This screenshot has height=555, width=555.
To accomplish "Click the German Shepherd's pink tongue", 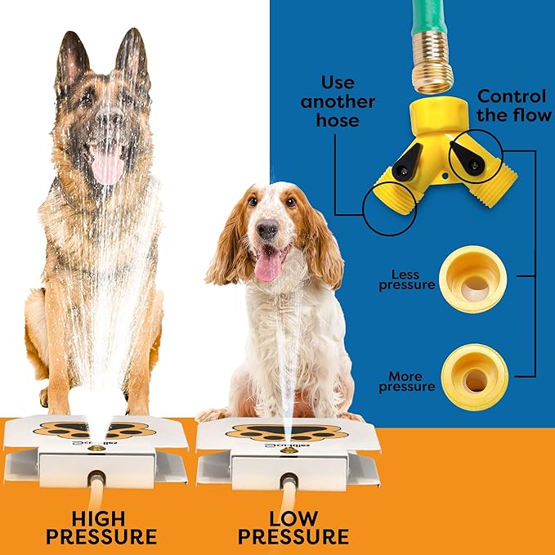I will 106,167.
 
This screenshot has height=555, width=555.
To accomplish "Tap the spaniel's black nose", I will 268,231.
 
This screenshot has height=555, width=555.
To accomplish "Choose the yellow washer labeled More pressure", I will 474,375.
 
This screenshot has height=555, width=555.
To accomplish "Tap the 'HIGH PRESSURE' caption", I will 101,527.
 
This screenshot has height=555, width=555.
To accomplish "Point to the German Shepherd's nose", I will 107,123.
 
